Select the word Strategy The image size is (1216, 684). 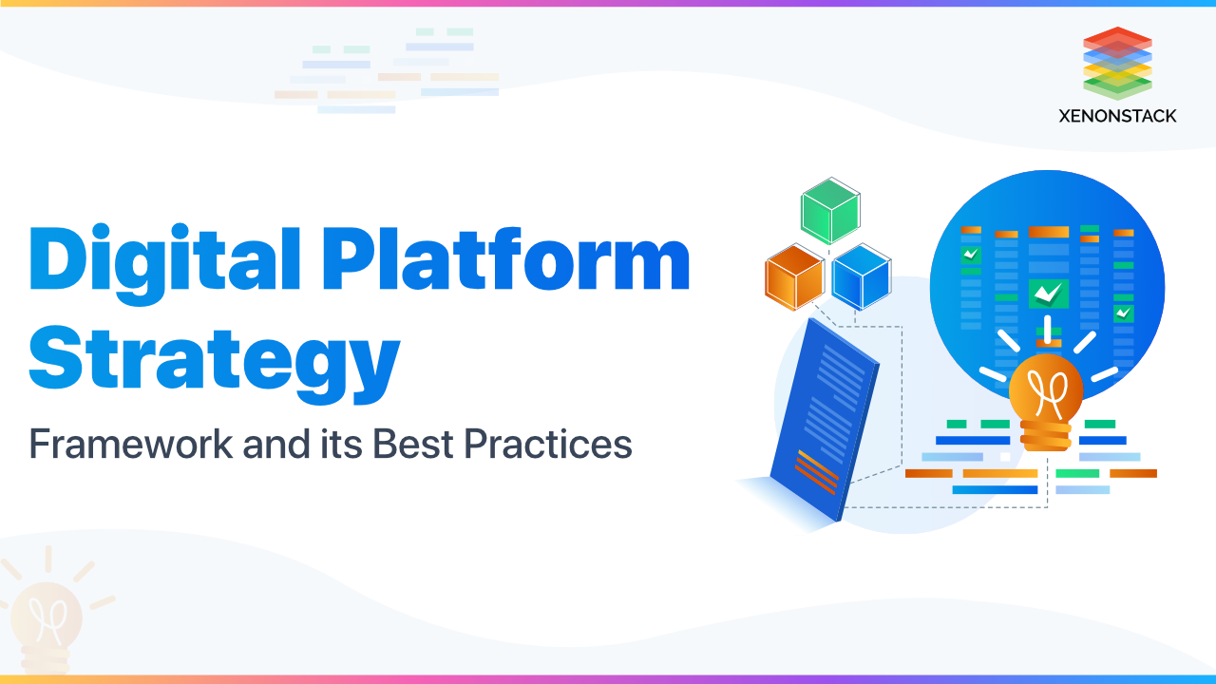coord(214,357)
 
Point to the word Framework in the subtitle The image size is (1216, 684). coord(129,444)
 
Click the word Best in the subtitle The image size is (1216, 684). coord(409,444)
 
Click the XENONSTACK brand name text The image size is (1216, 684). coord(1117,116)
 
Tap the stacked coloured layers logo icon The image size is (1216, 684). coord(1117,63)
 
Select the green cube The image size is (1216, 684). coord(829,210)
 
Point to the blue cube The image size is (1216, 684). coord(861,276)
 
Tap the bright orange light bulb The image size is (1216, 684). coord(1045,391)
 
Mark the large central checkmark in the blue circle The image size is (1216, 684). coord(1048,294)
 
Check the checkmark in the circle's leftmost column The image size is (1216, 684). coord(970,255)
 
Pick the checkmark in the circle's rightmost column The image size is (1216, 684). coord(1124,312)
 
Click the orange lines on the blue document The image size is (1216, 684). coord(816,471)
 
